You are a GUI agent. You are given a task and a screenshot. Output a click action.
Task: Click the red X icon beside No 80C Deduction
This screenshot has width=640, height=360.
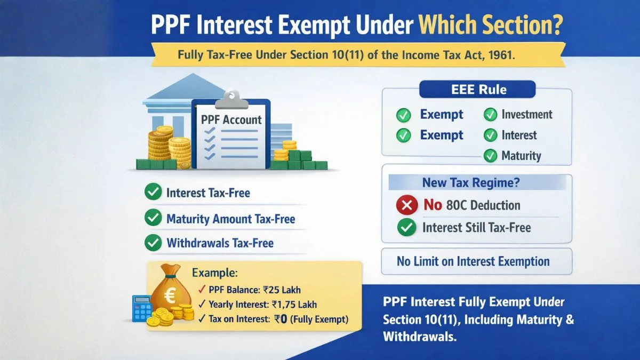[407, 205]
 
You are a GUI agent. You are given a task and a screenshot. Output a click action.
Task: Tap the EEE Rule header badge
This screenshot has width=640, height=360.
[477, 90]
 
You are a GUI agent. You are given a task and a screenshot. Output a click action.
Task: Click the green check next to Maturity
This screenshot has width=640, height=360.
[490, 156]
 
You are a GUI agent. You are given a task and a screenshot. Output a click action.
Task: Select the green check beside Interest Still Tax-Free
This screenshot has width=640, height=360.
[406, 227]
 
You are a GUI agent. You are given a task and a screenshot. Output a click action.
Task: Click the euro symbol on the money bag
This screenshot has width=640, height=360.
[170, 296]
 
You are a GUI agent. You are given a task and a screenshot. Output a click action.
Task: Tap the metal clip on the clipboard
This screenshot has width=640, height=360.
[231, 100]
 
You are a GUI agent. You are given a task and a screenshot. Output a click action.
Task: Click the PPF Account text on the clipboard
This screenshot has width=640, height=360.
[231, 119]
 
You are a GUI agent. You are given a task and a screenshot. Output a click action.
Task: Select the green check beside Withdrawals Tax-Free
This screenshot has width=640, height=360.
[153, 243]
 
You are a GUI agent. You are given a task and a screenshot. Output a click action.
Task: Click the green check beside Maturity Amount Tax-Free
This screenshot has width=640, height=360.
[153, 218]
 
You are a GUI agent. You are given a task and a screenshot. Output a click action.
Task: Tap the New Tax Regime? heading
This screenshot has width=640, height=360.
[471, 182]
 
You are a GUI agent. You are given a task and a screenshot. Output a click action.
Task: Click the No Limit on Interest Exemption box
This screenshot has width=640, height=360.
[477, 261]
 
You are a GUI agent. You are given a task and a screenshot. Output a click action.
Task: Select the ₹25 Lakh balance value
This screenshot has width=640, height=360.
[282, 290]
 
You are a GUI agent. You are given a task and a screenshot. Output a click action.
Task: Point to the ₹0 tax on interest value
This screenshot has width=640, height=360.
[281, 319]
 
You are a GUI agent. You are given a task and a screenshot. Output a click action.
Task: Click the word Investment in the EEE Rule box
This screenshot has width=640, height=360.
[527, 114]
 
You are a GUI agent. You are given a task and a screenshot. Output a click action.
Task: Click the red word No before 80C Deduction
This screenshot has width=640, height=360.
[433, 205]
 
